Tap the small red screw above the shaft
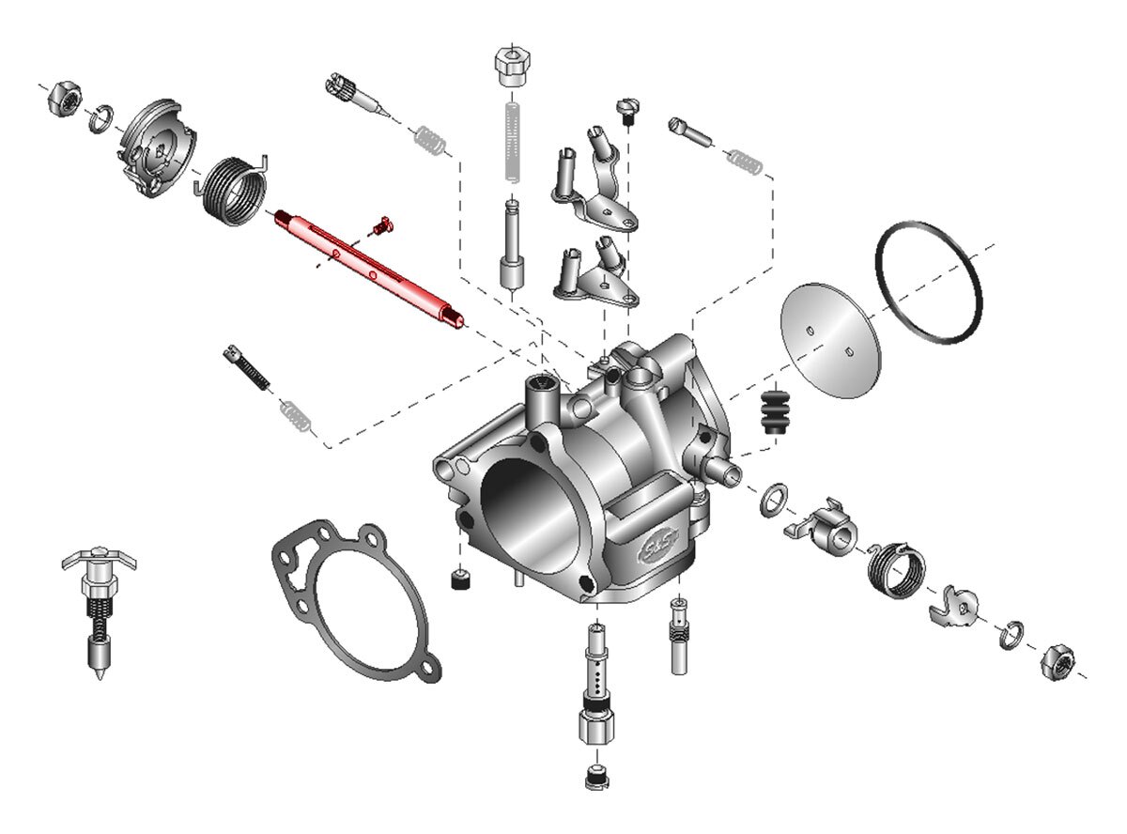[x=381, y=224]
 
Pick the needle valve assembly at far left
[x=99, y=610]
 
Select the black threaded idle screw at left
[x=247, y=366]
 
